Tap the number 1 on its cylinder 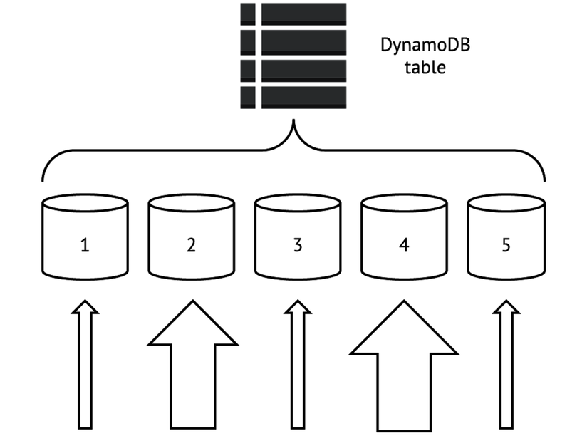pyautogui.click(x=85, y=246)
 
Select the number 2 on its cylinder pyautogui.click(x=191, y=246)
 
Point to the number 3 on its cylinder pyautogui.click(x=298, y=246)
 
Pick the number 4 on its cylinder pyautogui.click(x=404, y=246)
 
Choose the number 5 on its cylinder pyautogui.click(x=506, y=246)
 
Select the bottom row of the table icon pyautogui.click(x=293, y=96)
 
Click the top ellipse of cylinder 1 pyautogui.click(x=85, y=202)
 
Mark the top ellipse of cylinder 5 pyautogui.click(x=506, y=202)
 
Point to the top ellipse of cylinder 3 pyautogui.click(x=298, y=202)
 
